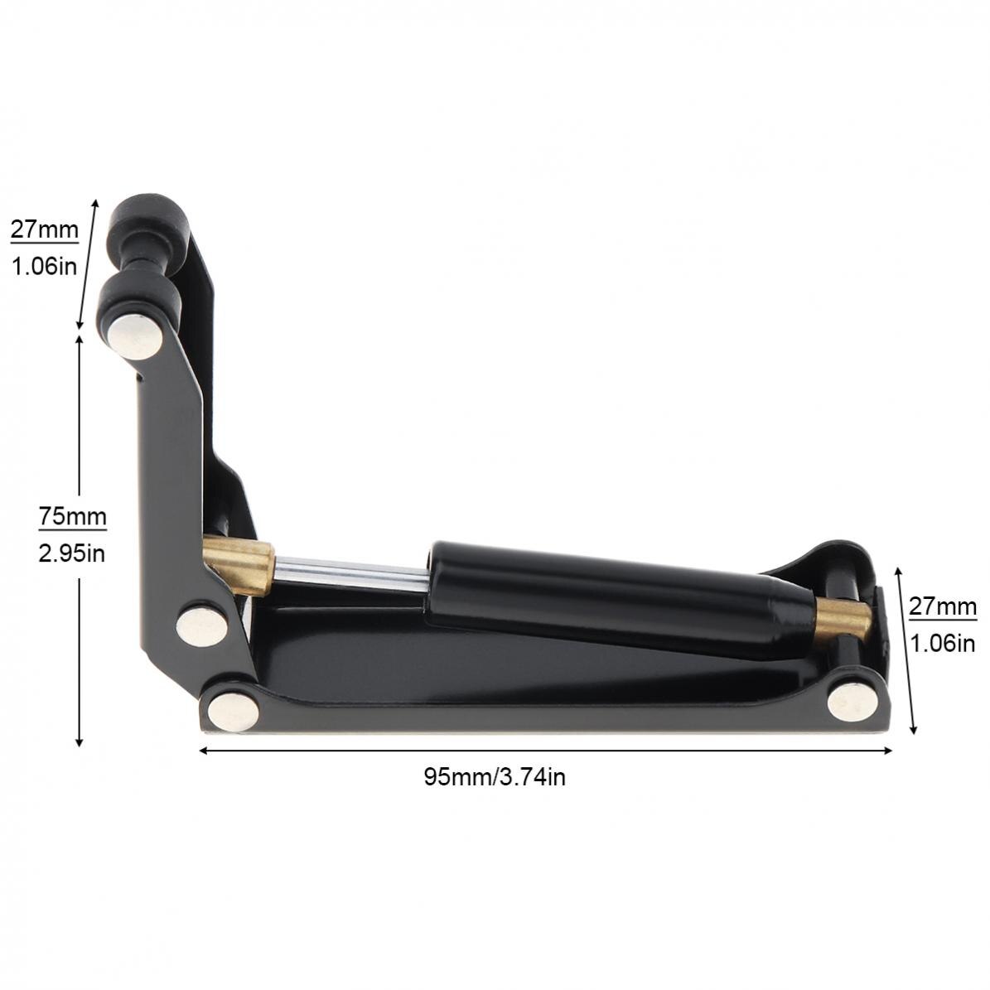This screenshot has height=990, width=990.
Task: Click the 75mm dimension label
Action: pyautogui.click(x=72, y=517)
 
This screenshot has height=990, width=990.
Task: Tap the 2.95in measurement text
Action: pyautogui.click(x=72, y=553)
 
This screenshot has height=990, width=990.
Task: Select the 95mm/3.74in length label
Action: pyautogui.click(x=495, y=777)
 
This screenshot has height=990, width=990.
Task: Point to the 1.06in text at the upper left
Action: pyautogui.click(x=44, y=266)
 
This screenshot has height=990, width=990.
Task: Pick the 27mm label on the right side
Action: pyautogui.click(x=943, y=606)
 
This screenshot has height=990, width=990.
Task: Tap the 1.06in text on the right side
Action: pyautogui.click(x=943, y=643)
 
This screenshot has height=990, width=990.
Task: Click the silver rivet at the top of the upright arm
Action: pyautogui.click(x=135, y=336)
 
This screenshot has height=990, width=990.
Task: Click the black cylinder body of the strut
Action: pyautogui.click(x=605, y=595)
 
